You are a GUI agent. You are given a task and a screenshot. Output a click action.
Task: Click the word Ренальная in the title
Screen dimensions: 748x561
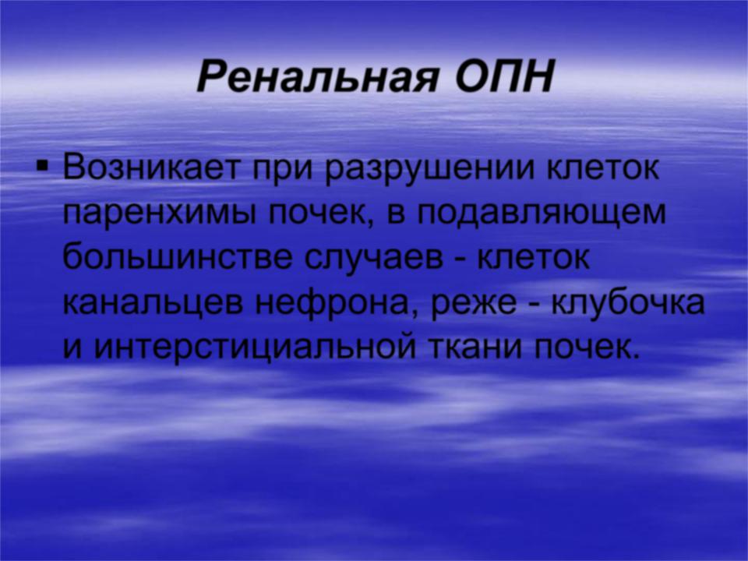point(317,77)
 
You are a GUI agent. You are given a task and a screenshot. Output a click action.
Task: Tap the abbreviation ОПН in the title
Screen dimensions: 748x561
point(504,76)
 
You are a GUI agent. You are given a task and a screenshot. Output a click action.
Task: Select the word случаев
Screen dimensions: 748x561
point(373,261)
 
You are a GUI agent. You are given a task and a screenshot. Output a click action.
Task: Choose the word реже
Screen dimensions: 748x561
point(473,305)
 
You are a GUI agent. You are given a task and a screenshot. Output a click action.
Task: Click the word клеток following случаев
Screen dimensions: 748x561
point(535,259)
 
